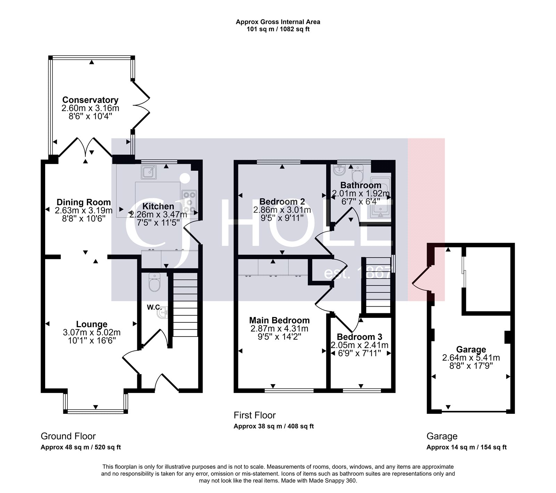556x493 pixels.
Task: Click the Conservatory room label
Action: click(x=90, y=100)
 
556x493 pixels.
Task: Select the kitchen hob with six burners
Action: click(x=189, y=202)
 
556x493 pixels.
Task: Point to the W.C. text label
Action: click(x=153, y=307)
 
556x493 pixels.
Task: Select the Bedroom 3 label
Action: click(x=359, y=337)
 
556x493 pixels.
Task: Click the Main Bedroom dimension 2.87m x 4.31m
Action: click(x=279, y=329)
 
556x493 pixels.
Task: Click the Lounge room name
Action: click(x=92, y=324)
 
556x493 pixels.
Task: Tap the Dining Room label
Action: click(x=84, y=202)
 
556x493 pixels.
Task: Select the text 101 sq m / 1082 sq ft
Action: click(x=278, y=29)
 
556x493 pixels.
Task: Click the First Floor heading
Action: click(x=254, y=415)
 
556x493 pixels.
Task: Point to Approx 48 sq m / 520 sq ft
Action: click(x=81, y=447)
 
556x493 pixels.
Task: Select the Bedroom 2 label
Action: click(x=282, y=201)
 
